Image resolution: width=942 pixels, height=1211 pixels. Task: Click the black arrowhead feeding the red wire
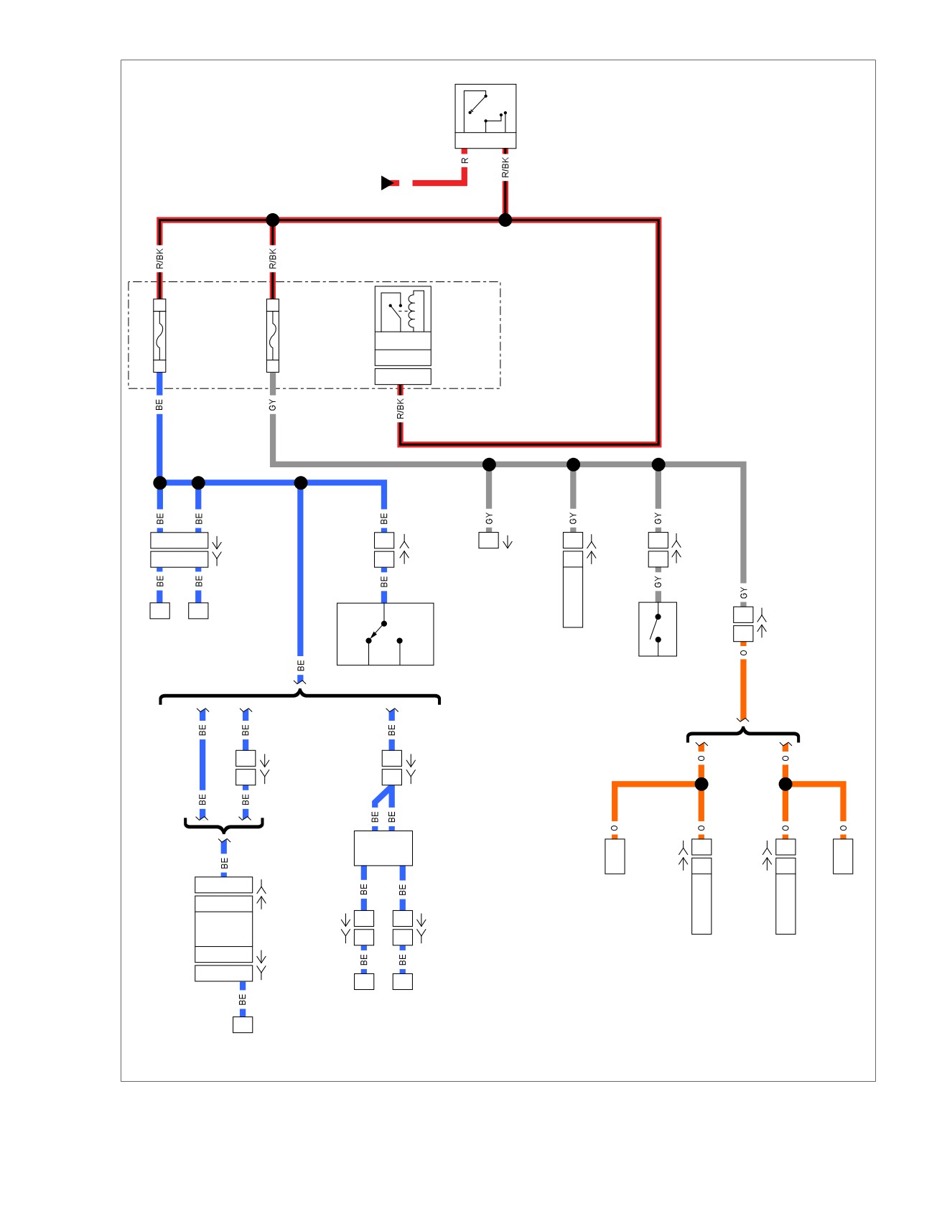387,183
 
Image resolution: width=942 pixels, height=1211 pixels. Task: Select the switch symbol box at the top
485,116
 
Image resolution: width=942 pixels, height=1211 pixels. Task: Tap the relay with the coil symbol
403,335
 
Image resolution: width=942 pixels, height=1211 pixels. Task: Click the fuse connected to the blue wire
159,335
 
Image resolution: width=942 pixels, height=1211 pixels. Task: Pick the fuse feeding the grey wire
273,335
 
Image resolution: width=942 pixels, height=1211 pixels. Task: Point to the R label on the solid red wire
465,160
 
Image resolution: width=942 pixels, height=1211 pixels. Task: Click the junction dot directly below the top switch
505,220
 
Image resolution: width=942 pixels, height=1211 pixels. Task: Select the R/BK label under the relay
401,409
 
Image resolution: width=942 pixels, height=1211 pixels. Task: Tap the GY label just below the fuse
273,406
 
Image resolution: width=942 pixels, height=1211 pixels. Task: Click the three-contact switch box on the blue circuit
386,634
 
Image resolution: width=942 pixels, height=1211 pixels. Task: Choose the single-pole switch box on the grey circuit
658,629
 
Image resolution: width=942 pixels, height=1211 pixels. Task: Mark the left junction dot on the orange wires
701,784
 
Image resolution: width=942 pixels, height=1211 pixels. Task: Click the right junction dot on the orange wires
785,784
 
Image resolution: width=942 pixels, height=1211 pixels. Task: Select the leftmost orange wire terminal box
615,856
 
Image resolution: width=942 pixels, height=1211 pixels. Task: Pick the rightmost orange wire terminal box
843,856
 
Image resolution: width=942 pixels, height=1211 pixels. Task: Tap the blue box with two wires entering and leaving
383,848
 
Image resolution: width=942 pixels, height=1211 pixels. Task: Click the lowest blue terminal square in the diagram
243,1024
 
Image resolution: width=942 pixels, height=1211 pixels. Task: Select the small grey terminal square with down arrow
489,540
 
